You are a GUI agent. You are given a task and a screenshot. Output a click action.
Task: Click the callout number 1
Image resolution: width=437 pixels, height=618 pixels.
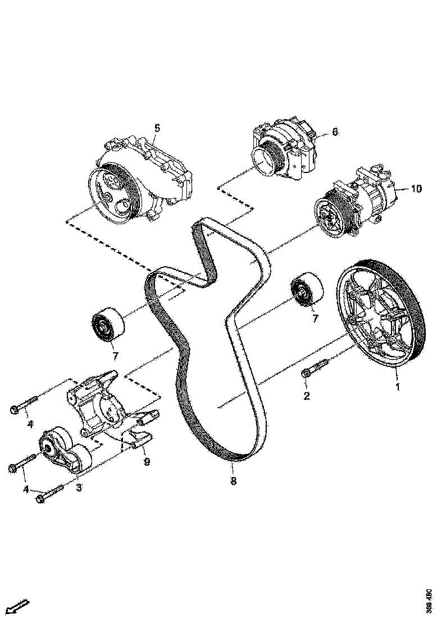point(398,387)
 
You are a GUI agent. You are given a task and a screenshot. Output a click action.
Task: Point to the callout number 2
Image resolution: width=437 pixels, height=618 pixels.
point(307,397)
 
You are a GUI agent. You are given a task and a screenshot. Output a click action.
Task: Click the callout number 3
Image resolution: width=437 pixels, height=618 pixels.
point(79,488)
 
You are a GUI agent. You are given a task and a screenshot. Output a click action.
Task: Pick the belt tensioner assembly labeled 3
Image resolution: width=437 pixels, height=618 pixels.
point(65,453)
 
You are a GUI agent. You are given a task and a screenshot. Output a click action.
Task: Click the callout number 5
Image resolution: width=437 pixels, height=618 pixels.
point(157,128)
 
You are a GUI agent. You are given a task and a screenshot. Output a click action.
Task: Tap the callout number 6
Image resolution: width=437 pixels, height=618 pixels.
point(335,132)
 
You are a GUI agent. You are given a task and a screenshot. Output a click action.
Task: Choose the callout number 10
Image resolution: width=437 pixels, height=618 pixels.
point(415,189)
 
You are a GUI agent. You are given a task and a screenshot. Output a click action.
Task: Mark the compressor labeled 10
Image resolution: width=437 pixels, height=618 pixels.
point(354,205)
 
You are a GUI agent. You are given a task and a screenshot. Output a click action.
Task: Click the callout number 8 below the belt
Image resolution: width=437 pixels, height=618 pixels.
point(233,481)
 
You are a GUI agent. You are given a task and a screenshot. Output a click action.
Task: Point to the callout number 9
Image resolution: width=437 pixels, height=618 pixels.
point(147,462)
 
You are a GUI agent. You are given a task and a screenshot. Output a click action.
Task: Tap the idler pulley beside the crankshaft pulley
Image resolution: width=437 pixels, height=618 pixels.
point(307,291)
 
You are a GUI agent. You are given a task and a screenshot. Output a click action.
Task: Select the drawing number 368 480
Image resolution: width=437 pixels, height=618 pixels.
point(429,600)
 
